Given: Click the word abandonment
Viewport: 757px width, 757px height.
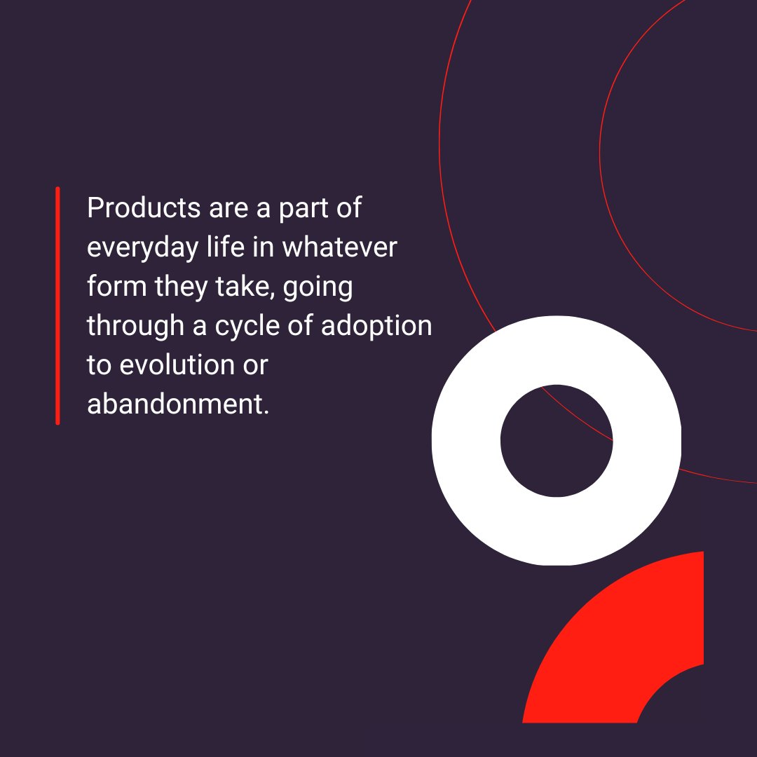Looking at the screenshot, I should (x=177, y=404).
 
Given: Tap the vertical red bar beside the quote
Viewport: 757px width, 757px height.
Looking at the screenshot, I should (x=57, y=306).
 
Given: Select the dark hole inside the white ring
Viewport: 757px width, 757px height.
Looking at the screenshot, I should (x=556, y=440).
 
